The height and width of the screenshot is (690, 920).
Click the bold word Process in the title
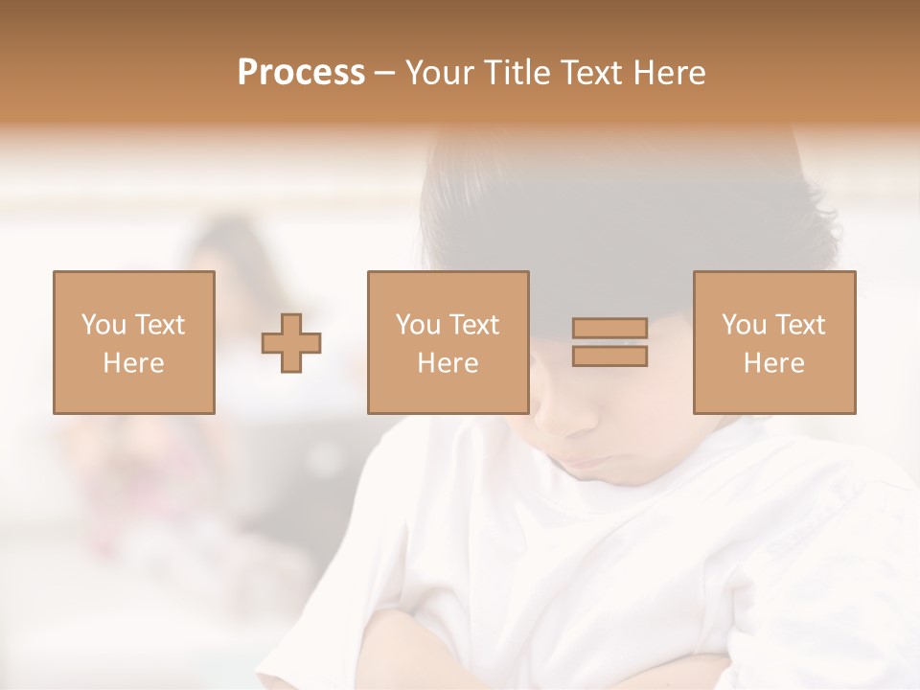click(301, 73)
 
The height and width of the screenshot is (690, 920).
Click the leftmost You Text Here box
click(133, 342)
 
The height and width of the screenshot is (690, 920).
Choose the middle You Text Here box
click(448, 342)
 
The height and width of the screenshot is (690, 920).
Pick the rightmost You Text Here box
click(773, 342)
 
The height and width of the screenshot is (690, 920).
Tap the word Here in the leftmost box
click(133, 363)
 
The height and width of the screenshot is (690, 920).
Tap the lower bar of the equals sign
click(609, 356)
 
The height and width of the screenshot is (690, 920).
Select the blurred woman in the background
click(225, 287)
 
